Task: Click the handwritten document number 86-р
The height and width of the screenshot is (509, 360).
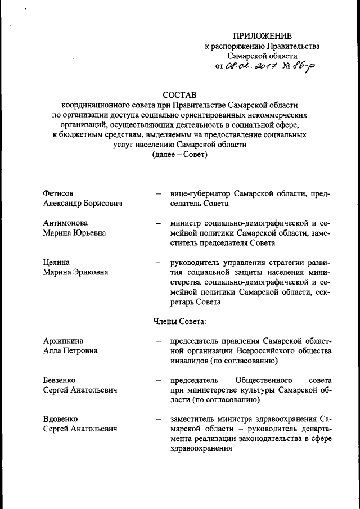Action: [304, 66]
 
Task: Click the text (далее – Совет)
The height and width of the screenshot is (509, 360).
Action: [179, 155]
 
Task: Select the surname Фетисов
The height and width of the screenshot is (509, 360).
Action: [58, 193]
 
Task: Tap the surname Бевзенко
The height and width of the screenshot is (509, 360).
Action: [60, 380]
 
